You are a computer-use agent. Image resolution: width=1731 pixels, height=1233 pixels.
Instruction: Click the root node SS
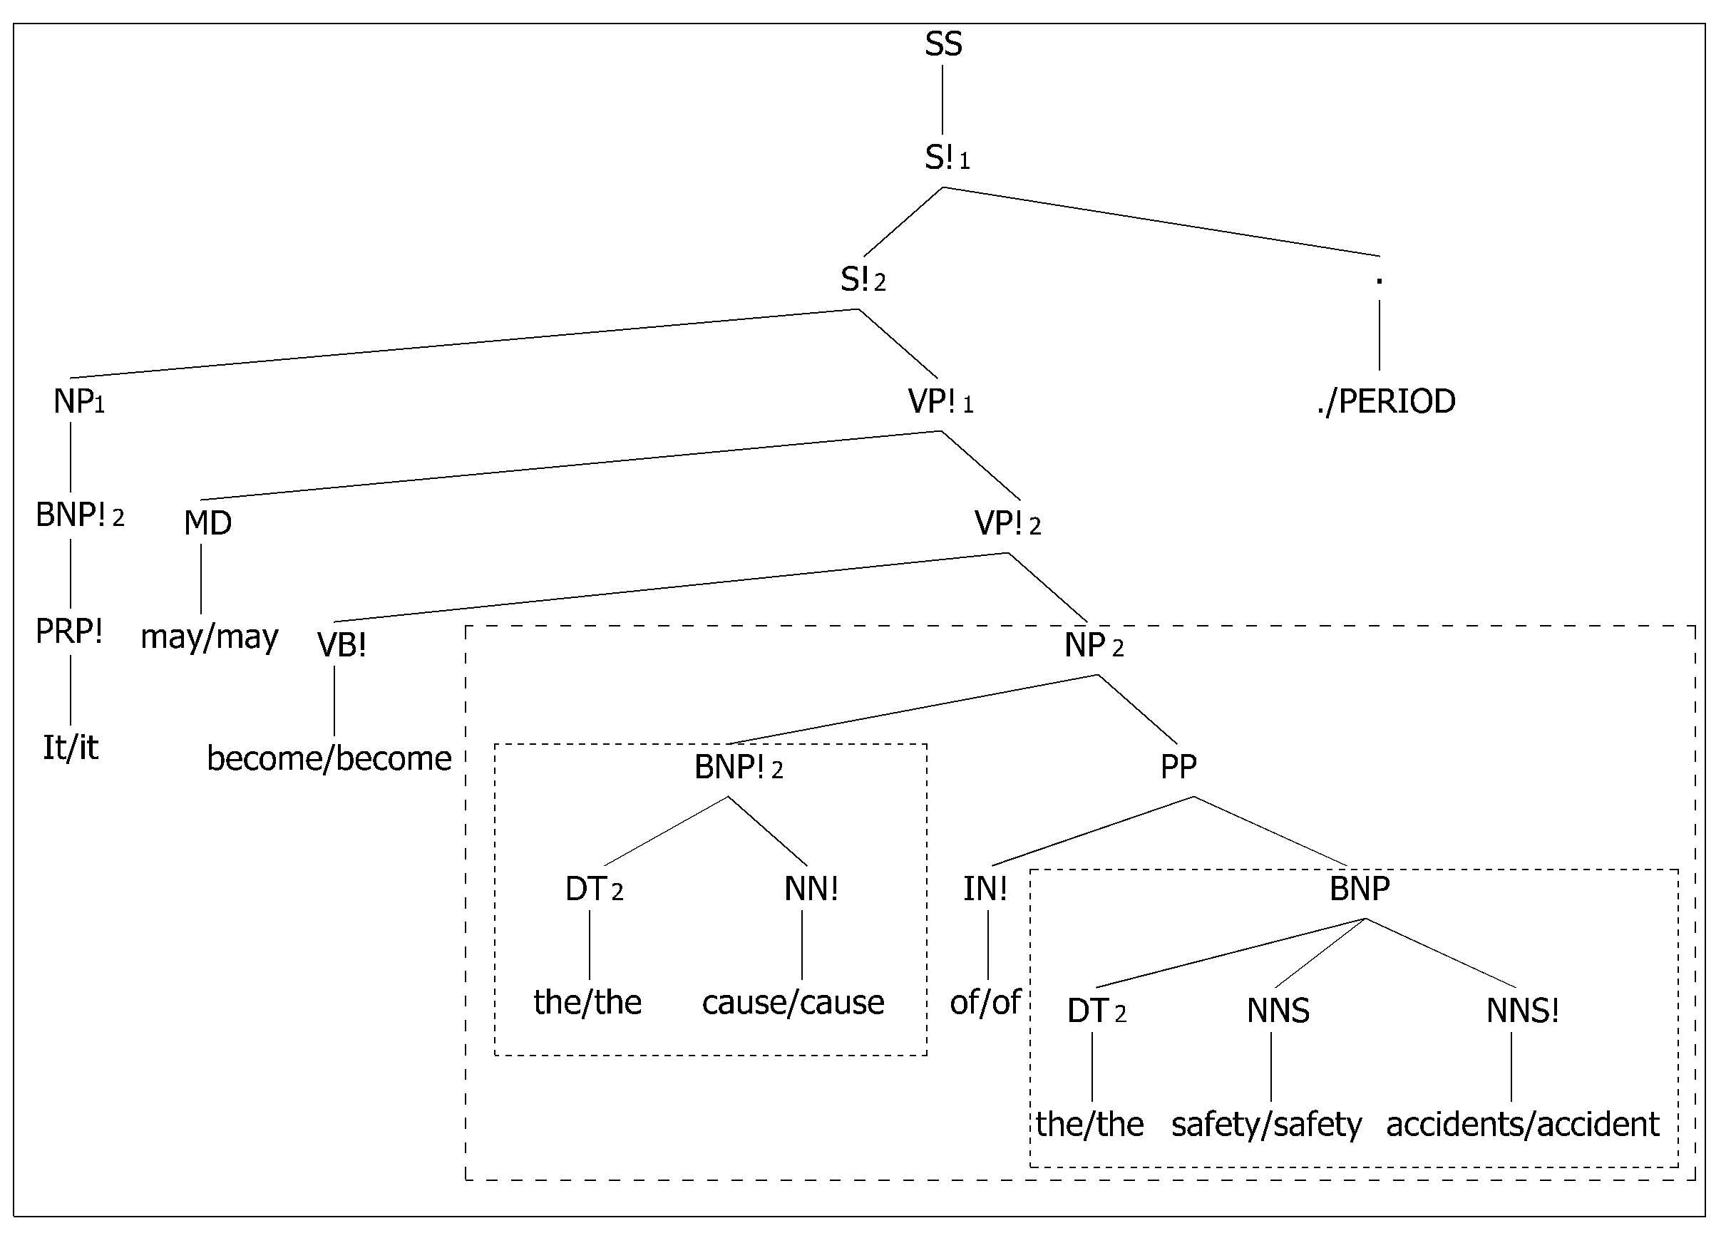pos(943,44)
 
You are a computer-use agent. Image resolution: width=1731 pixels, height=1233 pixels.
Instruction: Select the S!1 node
pos(947,158)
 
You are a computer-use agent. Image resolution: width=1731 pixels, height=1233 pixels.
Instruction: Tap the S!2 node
pos(863,280)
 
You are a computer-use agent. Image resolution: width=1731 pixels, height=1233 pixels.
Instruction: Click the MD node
pos(207,523)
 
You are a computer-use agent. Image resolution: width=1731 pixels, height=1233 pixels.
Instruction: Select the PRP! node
pos(69,631)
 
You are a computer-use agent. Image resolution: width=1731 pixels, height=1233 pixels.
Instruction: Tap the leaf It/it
pos(70,748)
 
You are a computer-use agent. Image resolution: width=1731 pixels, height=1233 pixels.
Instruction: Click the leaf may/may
pos(210,637)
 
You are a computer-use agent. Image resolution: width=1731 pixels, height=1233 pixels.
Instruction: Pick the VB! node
pos(341,645)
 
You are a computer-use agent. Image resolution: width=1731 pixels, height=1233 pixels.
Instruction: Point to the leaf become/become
pos(329,758)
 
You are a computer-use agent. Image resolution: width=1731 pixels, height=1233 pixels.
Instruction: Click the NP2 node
pos(1094,645)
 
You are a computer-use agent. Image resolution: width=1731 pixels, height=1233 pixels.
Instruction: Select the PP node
pos(1178,767)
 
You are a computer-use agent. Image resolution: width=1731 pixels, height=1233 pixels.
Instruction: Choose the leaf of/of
pos(985,1002)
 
